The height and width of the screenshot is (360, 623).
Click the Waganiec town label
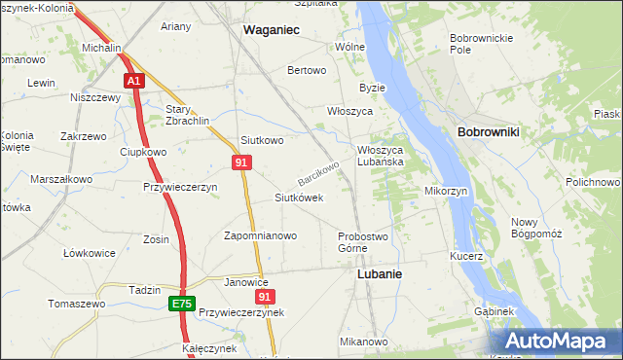point(271,31)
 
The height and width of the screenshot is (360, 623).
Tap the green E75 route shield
point(181,304)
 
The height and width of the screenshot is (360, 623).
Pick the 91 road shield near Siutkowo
point(240,162)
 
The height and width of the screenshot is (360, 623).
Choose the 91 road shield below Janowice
point(263,297)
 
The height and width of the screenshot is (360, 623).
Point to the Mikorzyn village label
point(447,191)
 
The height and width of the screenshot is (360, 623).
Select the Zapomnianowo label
point(260,235)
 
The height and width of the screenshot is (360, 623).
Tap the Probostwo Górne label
point(364,242)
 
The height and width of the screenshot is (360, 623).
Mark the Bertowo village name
point(307,71)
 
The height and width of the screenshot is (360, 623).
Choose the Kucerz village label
point(466,256)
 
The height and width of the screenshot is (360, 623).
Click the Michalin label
point(101,47)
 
